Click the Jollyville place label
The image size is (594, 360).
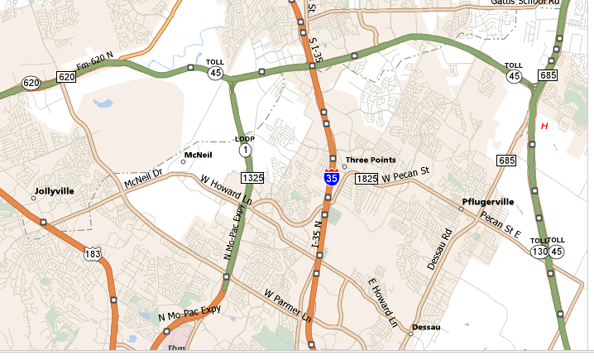point(54,191)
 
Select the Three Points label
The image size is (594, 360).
point(371,160)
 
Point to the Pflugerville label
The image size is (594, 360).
point(487,201)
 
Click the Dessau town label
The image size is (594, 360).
point(426,327)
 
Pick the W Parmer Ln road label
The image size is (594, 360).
point(287,305)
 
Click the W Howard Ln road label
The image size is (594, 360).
point(227,190)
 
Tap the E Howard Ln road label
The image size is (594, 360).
point(383,299)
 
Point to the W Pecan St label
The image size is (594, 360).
point(406,175)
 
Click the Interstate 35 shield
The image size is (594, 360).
point(331,176)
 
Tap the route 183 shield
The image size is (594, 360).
point(96,252)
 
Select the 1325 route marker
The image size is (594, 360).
point(252,178)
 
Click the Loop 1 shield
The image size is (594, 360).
point(245,147)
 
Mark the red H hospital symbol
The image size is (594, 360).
point(544,126)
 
